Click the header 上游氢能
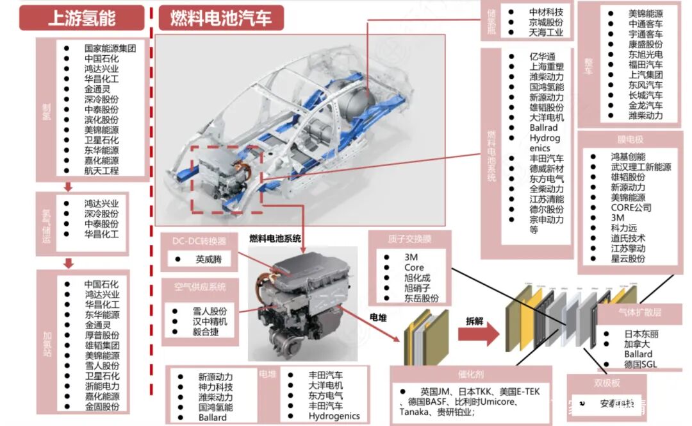tap(82, 19)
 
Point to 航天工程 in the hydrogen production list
tap(101, 171)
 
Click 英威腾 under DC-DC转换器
tap(211, 260)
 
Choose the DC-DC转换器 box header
tap(199, 241)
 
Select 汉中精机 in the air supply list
tap(210, 321)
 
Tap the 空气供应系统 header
tap(199, 287)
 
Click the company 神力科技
tap(215, 387)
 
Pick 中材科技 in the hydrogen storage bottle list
tap(546, 12)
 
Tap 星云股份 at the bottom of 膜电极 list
tap(628, 259)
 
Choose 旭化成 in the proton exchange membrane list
tap(418, 277)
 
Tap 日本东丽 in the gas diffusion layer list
tap(641, 334)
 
